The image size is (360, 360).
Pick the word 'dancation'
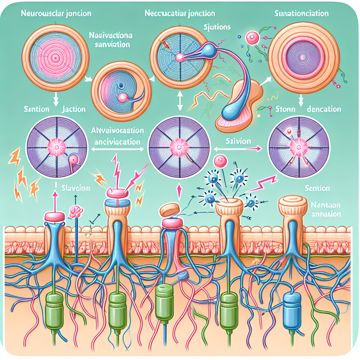tap(323, 109)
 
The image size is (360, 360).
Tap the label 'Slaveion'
tap(75, 188)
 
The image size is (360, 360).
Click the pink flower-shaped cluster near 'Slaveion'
tap(76, 212)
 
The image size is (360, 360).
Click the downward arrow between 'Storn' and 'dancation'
tap(301, 101)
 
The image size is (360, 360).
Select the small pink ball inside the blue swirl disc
tap(123, 97)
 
